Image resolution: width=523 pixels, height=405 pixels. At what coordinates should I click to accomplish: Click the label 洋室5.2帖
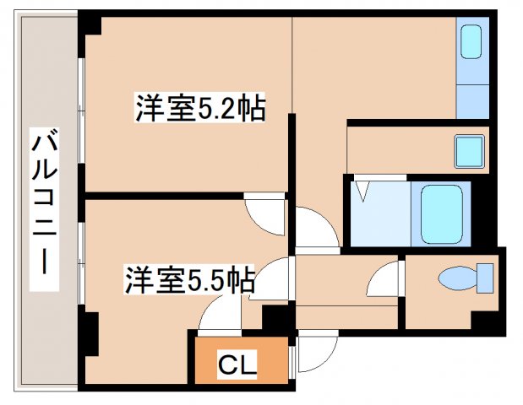[199, 109]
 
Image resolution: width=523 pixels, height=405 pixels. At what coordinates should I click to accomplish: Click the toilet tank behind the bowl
[485, 278]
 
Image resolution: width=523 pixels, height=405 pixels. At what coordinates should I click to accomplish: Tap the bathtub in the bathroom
[444, 211]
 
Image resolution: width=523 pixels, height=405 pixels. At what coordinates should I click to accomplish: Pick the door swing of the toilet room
[388, 278]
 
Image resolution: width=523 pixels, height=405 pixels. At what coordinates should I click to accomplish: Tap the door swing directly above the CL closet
[217, 319]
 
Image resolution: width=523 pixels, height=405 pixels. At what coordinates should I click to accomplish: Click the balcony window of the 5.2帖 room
[81, 110]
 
